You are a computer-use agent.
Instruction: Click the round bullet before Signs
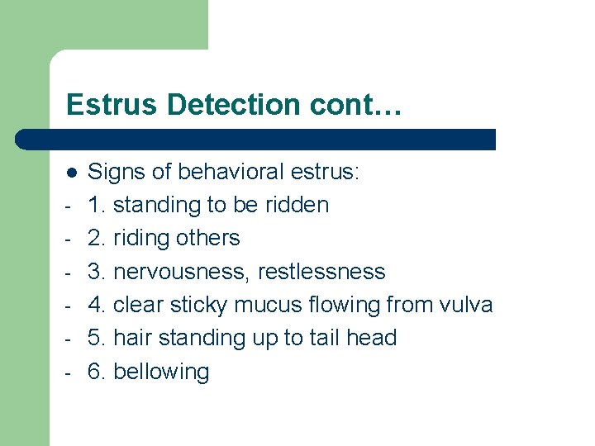72,172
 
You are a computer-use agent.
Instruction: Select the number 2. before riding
97,238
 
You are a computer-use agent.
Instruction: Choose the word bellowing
161,372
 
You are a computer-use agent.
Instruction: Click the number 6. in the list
97,372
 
